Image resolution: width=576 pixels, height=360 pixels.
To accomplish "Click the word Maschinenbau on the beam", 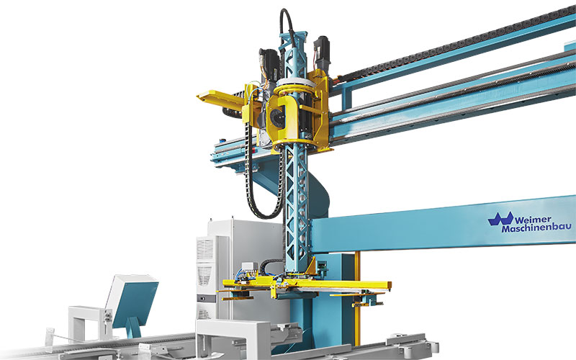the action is pyautogui.click(x=536, y=228).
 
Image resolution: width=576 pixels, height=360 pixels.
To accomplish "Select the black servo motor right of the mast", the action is pyautogui.click(x=322, y=51).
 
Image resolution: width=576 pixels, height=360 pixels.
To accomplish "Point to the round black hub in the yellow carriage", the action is pyautogui.click(x=277, y=117).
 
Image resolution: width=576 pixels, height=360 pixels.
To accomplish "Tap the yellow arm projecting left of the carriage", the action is pyautogui.click(x=220, y=98).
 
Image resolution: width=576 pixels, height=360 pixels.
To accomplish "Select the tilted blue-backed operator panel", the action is pyautogui.click(x=132, y=300).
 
